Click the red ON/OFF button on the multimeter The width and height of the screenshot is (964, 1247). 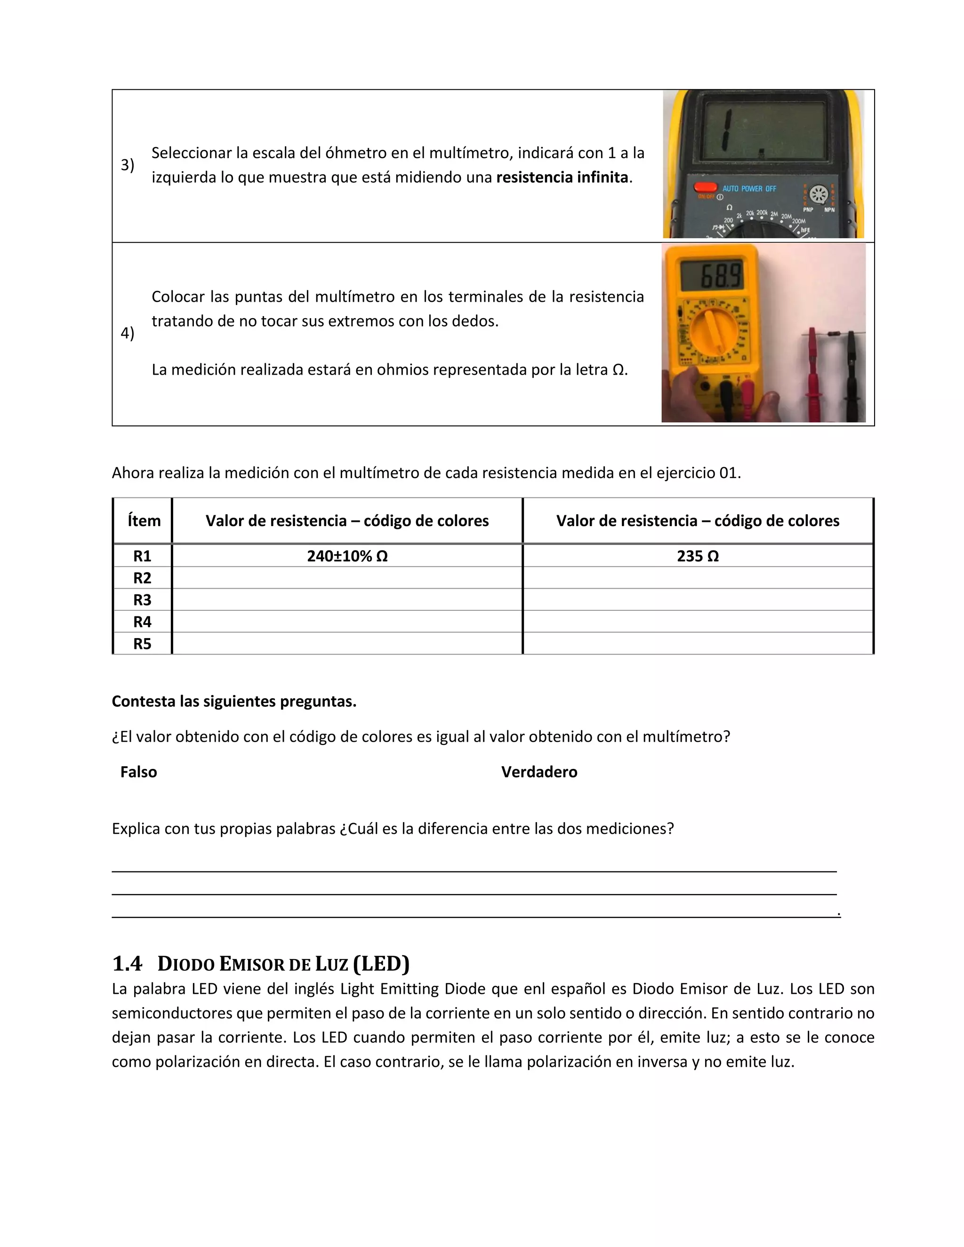[x=705, y=187]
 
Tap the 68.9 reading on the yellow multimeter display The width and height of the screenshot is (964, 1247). [x=721, y=276]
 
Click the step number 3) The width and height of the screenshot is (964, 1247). [x=128, y=165]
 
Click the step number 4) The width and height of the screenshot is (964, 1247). [x=128, y=333]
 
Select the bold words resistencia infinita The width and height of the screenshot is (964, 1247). [x=562, y=177]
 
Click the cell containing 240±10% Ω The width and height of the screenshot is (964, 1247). [x=347, y=556]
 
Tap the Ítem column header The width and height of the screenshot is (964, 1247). [x=144, y=521]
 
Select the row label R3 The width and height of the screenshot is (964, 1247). [x=142, y=600]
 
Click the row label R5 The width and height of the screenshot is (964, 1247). [x=142, y=643]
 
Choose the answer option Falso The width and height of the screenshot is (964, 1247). [x=138, y=772]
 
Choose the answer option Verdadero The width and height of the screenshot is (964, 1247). [x=539, y=772]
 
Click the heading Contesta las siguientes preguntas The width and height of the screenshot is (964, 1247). [x=233, y=701]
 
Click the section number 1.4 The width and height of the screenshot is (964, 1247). [x=127, y=964]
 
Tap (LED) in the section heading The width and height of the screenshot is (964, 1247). [x=381, y=964]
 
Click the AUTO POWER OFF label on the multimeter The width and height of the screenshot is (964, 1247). [x=749, y=188]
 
